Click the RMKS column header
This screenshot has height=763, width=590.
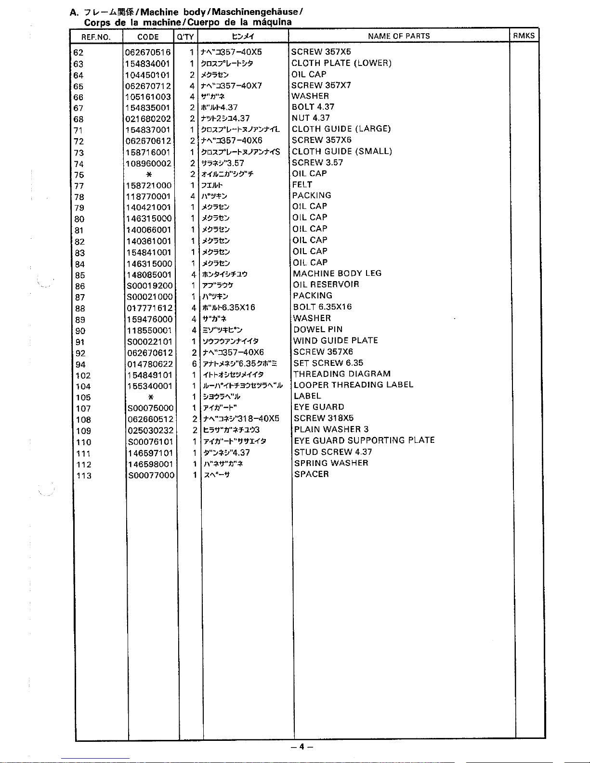pos(524,36)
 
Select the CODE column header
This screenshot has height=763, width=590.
pos(148,37)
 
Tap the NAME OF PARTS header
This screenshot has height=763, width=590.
pos(399,36)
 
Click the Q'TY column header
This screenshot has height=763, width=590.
pos(185,37)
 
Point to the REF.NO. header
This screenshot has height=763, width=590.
pos(96,37)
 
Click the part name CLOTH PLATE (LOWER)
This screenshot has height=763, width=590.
pos(341,63)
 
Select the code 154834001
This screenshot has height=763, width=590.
pos(147,64)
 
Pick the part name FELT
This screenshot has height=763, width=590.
pos(302,184)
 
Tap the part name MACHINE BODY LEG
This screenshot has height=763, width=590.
pos(337,273)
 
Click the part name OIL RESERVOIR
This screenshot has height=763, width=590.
pos(326,285)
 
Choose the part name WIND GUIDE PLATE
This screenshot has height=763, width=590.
pos(336,340)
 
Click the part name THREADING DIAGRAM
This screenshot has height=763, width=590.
pos(342,374)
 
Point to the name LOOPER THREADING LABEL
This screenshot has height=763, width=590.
pos(354,385)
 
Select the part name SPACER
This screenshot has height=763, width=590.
pos(312,474)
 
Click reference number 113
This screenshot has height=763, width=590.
pos(84,476)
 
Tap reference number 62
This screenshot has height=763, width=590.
pos(78,52)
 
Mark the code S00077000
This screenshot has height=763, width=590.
pos(151,476)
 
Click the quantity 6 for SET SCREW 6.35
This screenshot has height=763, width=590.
pos(194,364)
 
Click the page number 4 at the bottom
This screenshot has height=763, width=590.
pos(302,747)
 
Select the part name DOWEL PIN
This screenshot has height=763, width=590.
pos(318,329)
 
